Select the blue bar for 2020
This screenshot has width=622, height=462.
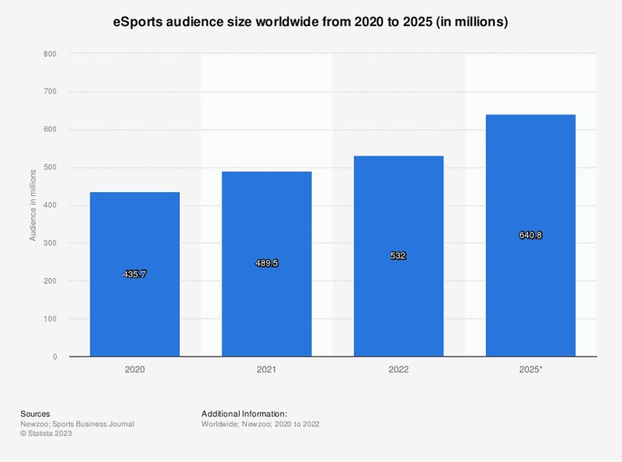(x=135, y=274)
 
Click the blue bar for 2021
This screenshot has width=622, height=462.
(x=266, y=264)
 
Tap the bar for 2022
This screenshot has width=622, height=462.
(x=398, y=256)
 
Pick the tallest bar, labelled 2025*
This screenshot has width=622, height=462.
(x=530, y=235)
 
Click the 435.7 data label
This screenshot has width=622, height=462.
(x=135, y=274)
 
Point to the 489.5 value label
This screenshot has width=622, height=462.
(x=266, y=263)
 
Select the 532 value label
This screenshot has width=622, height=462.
(x=398, y=255)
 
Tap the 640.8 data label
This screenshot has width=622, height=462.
(x=530, y=235)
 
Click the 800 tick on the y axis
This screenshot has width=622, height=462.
(x=50, y=54)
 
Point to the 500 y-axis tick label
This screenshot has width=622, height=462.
(x=50, y=168)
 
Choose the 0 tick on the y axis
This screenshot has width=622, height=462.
(x=55, y=357)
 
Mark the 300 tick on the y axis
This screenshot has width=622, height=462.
(x=50, y=243)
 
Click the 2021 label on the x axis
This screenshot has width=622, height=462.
(x=266, y=370)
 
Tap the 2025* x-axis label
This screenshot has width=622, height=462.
(x=530, y=370)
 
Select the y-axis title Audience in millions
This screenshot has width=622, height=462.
(x=33, y=205)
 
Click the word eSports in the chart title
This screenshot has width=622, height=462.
(x=138, y=22)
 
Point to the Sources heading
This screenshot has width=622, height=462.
(x=36, y=414)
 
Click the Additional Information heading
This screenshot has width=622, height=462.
(x=245, y=414)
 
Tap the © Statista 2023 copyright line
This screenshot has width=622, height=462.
(x=46, y=434)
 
